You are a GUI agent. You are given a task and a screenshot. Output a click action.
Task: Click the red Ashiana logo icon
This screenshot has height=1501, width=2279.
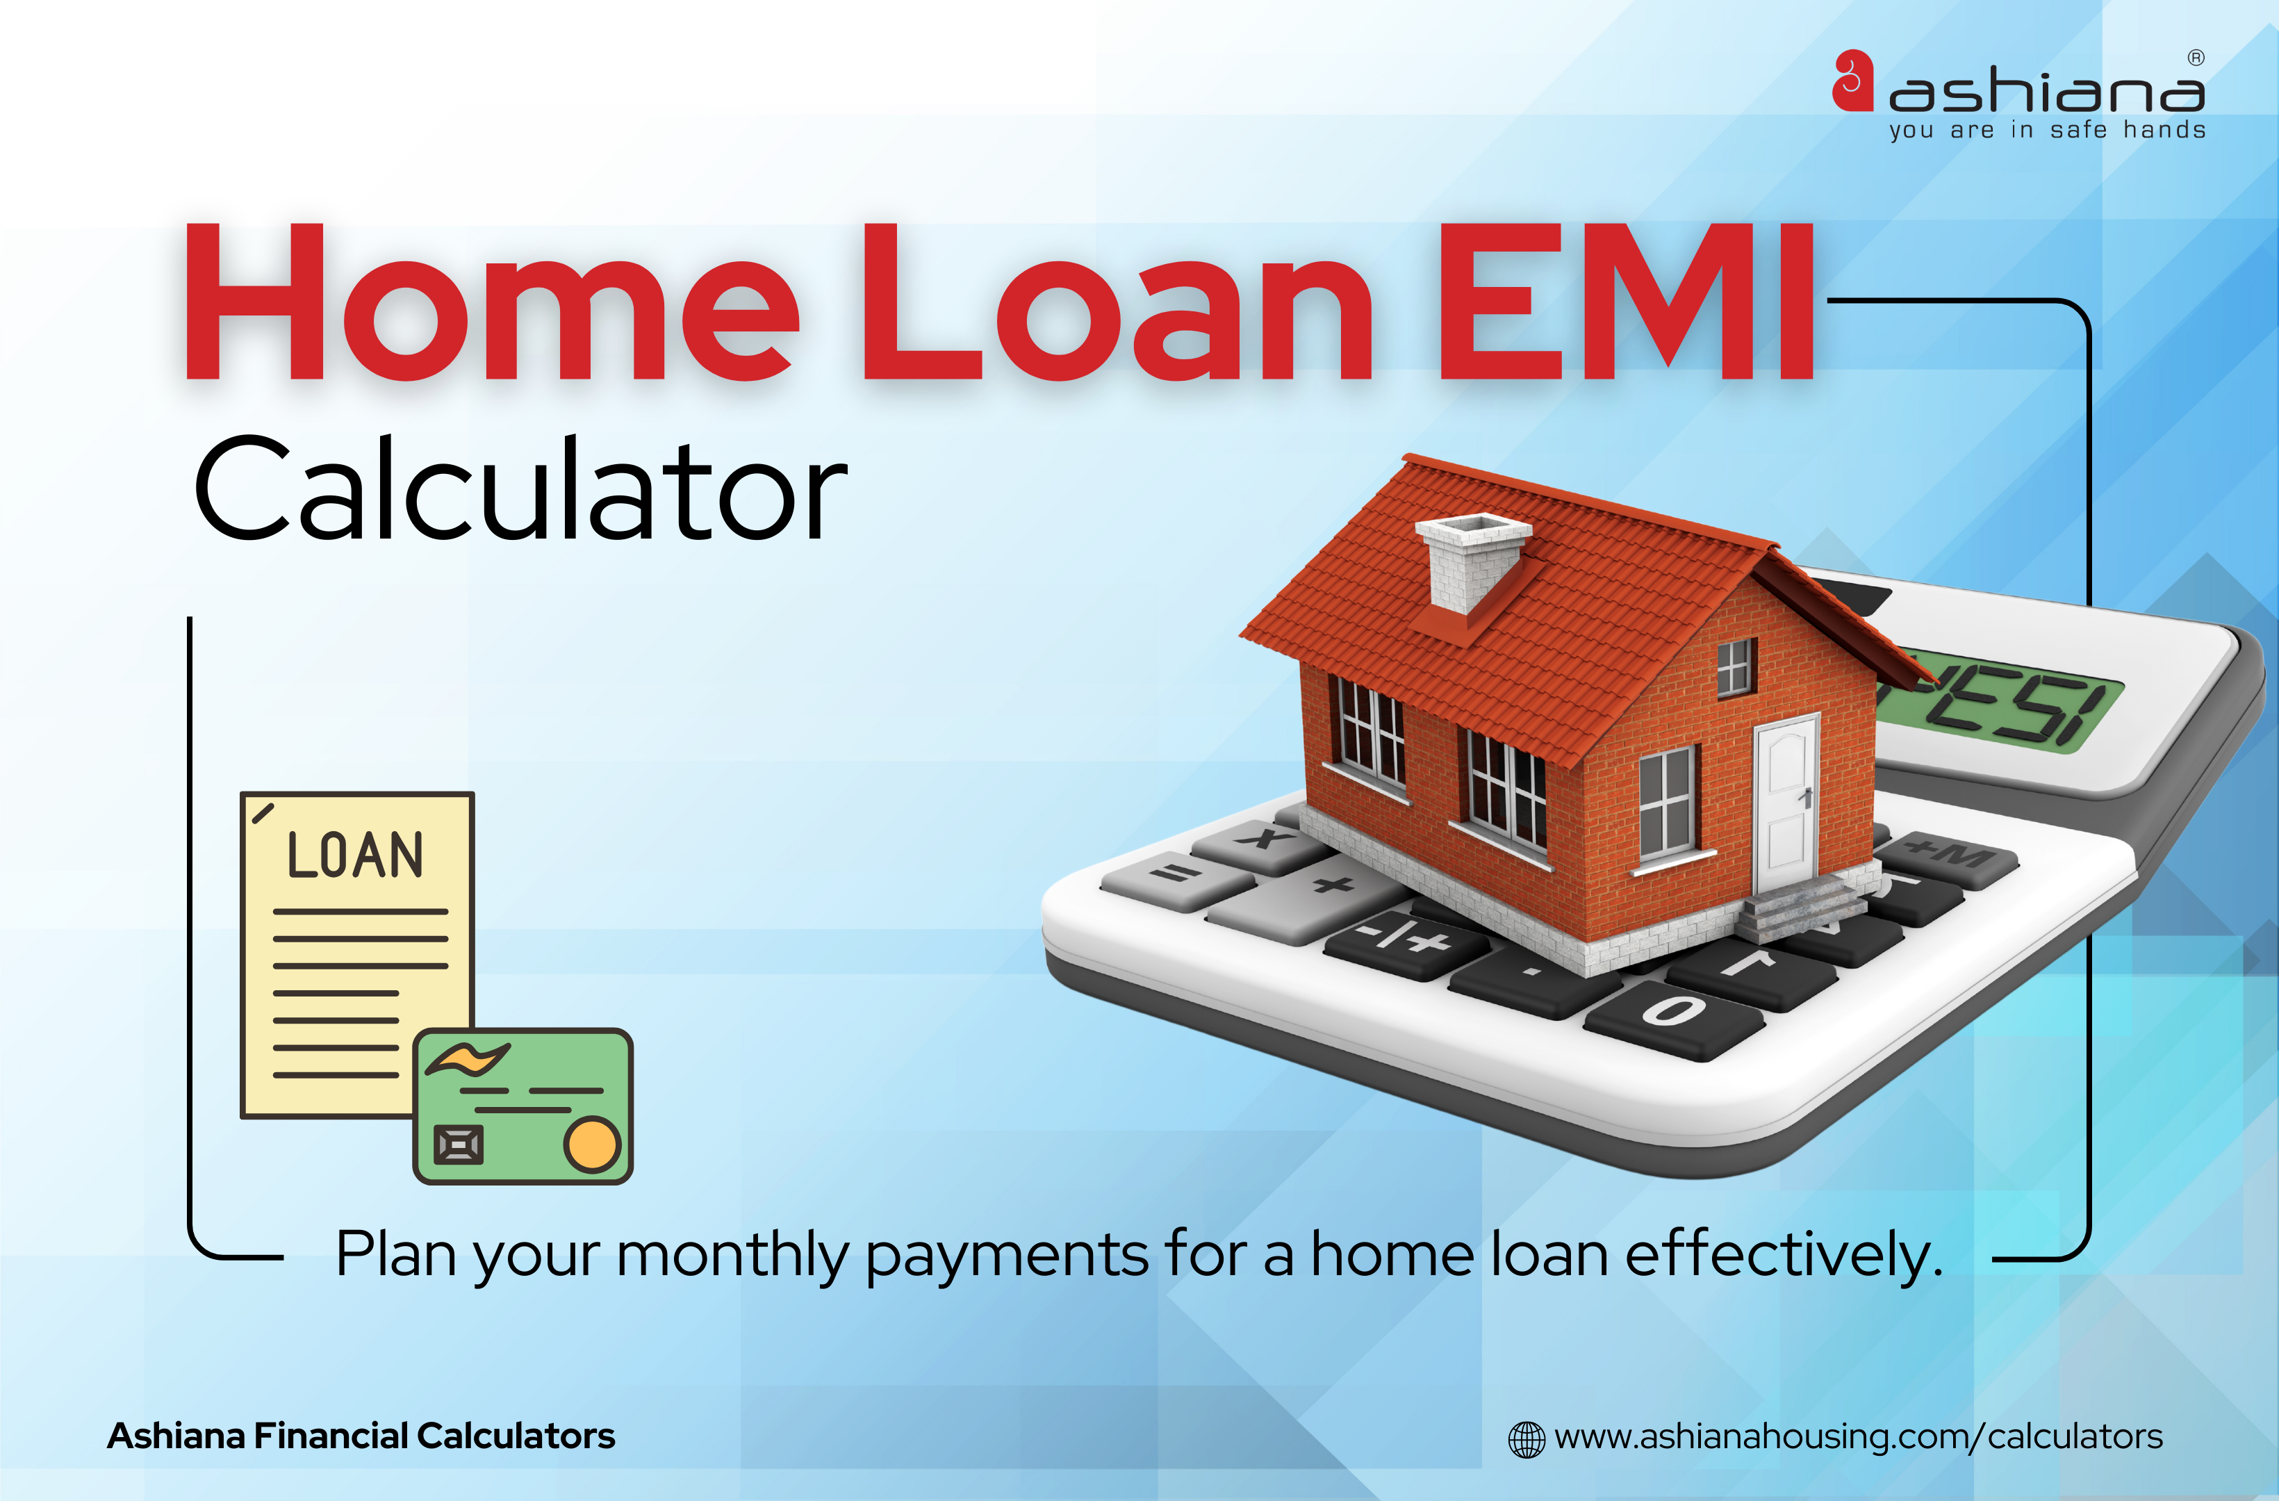coord(1852,81)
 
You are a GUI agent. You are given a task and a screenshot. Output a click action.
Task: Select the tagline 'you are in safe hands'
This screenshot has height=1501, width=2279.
coord(2047,129)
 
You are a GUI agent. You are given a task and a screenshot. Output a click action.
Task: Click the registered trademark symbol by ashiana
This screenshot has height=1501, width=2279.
coord(2196,58)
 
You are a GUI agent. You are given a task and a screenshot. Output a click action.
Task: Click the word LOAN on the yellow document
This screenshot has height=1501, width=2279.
coord(355,855)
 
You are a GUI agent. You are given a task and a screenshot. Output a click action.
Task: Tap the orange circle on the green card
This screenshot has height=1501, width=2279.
coord(592,1144)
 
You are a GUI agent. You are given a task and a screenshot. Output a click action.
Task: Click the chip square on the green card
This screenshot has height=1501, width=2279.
coord(459,1145)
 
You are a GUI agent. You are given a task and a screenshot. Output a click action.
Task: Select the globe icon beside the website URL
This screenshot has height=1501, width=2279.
coord(1527,1438)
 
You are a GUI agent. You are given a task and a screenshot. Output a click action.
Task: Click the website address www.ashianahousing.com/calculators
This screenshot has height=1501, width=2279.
coord(1859,1437)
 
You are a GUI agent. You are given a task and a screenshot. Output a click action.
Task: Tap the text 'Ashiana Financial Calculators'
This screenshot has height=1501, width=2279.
coord(361,1436)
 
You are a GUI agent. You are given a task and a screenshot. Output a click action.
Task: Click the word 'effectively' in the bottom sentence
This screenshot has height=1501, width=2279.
coord(1784,1255)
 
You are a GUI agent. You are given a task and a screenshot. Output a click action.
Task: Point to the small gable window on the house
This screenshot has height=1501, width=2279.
coord(1734,666)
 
